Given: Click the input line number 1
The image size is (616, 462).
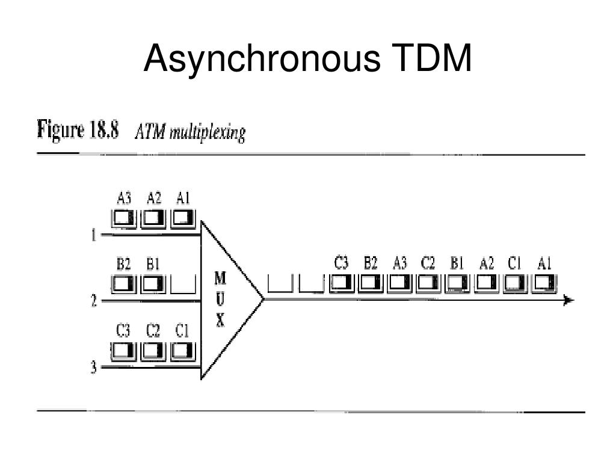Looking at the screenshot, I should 94,235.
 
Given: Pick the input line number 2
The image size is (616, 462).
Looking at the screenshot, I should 94,301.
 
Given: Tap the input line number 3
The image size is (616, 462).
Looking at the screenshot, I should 94,368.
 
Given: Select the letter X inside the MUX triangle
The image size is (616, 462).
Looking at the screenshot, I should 220,321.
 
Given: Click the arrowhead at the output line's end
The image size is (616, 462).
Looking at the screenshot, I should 568,300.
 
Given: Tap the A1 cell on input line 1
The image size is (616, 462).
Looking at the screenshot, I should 183,217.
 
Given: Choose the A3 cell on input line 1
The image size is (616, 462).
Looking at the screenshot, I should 124,217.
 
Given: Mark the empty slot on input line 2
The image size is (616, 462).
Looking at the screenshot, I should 183,283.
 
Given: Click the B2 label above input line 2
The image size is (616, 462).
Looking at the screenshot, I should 124,263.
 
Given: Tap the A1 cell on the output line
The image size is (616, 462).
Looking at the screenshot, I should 544,282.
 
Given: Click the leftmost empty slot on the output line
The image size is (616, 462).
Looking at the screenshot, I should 279,283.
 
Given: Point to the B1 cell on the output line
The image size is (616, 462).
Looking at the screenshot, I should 457,282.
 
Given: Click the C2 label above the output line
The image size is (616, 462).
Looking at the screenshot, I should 428,262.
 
